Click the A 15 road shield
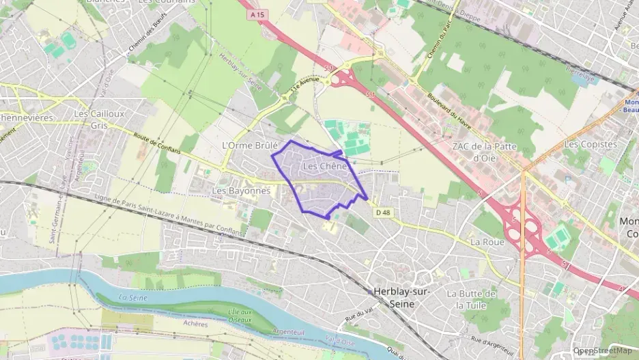257,14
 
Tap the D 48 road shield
383,212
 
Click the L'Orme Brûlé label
250,146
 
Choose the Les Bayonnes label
241,191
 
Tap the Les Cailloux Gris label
100,119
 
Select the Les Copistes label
591,144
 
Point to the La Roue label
487,242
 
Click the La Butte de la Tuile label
471,299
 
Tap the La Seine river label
133,297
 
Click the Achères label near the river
195,324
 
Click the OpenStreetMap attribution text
603,350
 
